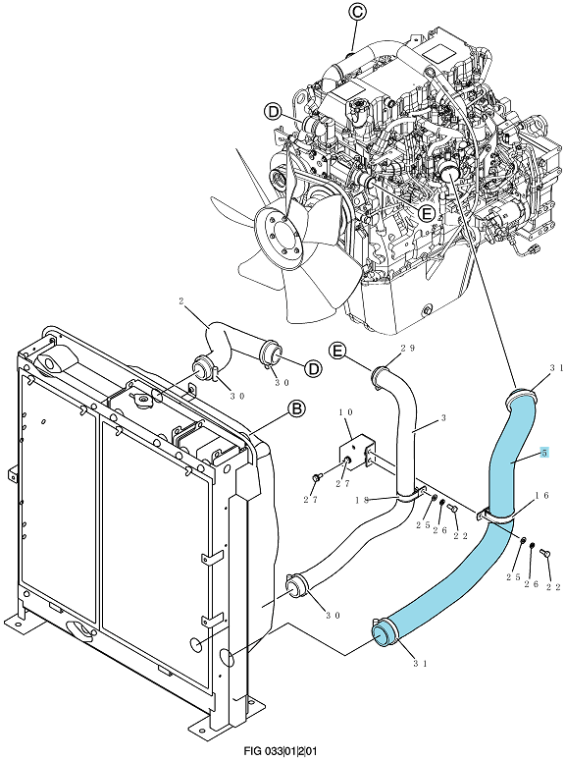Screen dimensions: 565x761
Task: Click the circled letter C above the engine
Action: [x=357, y=13]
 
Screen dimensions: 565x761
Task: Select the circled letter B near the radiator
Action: [x=296, y=409]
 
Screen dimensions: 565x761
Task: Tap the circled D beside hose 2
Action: [x=314, y=369]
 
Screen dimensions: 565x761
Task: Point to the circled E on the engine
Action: [x=427, y=213]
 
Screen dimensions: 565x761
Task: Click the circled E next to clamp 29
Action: [x=338, y=350]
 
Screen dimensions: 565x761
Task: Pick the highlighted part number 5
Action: [x=544, y=453]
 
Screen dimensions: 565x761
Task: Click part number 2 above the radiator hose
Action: [x=180, y=300]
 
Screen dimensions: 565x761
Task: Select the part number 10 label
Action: [x=346, y=412]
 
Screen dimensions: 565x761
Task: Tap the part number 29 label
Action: [x=408, y=348]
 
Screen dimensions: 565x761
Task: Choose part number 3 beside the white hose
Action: [x=443, y=418]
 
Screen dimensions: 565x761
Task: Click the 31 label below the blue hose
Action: [x=420, y=664]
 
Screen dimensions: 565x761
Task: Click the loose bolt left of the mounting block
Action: [x=316, y=478]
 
